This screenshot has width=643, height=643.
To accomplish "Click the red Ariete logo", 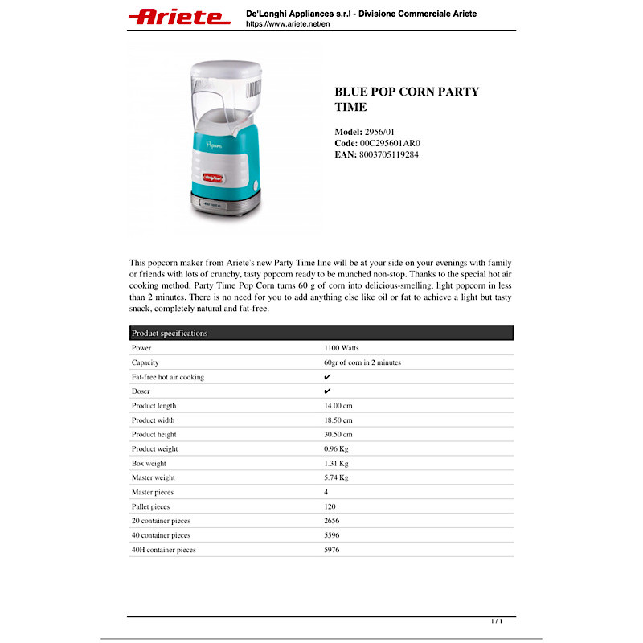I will (x=179, y=17).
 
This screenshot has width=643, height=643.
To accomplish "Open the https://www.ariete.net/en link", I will (x=288, y=24).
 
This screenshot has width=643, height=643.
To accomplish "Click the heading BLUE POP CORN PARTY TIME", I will (x=406, y=99).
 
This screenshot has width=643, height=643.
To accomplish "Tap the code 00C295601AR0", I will (x=389, y=143).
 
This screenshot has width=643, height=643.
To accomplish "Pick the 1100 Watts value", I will (x=341, y=348).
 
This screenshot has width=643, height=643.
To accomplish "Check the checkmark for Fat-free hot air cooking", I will (x=327, y=377).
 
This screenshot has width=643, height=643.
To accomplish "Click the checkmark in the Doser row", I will (x=327, y=391).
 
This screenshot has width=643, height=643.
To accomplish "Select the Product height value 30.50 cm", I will (x=338, y=435).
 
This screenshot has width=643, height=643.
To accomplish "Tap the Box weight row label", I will (x=149, y=464).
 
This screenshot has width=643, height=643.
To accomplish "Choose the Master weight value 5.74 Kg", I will (x=336, y=477).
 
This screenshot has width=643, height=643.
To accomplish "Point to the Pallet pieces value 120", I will (x=330, y=506).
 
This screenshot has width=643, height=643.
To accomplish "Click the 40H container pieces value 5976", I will (x=331, y=550).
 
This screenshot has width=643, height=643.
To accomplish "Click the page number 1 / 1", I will (x=497, y=621).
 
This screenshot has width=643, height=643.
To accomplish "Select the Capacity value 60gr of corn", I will (x=362, y=362).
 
